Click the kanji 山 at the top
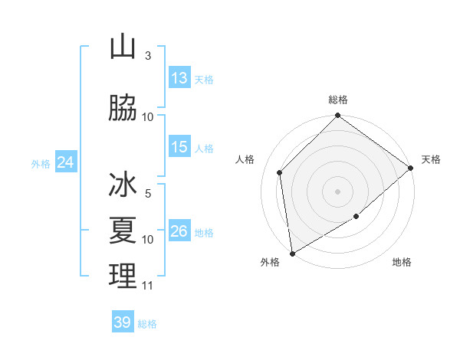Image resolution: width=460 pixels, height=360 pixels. coord(123,47)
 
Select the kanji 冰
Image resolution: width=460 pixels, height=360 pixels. coord(123,186)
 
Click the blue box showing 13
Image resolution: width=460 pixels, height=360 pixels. coord(179,78)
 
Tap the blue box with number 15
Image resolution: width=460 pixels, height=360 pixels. coord(179,148)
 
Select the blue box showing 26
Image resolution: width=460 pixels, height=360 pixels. coord(179,232)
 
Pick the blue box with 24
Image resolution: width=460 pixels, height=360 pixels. coord(65,162)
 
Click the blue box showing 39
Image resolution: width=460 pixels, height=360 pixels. coord(123,322)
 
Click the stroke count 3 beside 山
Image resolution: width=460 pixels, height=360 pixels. coord(147,56)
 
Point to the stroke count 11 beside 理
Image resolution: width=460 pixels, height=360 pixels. coord(147,286)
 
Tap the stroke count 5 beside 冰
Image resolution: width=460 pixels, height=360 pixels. coord(147,195)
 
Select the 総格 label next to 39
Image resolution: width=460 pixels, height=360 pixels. coord(147,324)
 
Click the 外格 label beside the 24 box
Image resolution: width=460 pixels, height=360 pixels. coord(41,163)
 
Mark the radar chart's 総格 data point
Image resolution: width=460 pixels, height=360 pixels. coord(337,116)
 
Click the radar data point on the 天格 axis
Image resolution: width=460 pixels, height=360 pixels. coord(411,169)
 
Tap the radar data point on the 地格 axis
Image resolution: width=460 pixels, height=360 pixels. coord(356,217)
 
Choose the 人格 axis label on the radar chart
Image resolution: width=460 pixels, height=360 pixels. coord(245,159)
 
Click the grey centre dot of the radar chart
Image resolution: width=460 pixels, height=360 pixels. coord(337,191)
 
